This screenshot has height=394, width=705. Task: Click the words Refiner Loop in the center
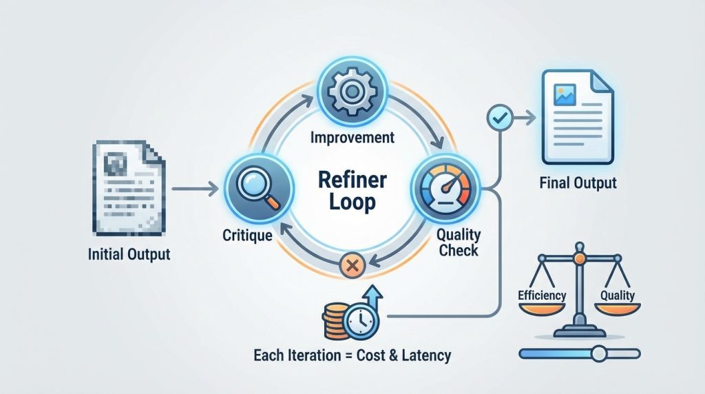(352, 191)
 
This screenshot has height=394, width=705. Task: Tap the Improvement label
(352, 138)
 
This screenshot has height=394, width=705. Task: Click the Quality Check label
(457, 242)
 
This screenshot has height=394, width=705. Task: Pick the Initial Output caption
(129, 254)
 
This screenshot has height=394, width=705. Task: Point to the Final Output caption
(578, 184)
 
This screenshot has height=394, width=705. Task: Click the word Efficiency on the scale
(541, 295)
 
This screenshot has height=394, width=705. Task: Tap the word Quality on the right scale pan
(617, 295)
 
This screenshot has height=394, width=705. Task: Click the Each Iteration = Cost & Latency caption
(352, 355)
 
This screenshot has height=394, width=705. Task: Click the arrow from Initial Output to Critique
(195, 187)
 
